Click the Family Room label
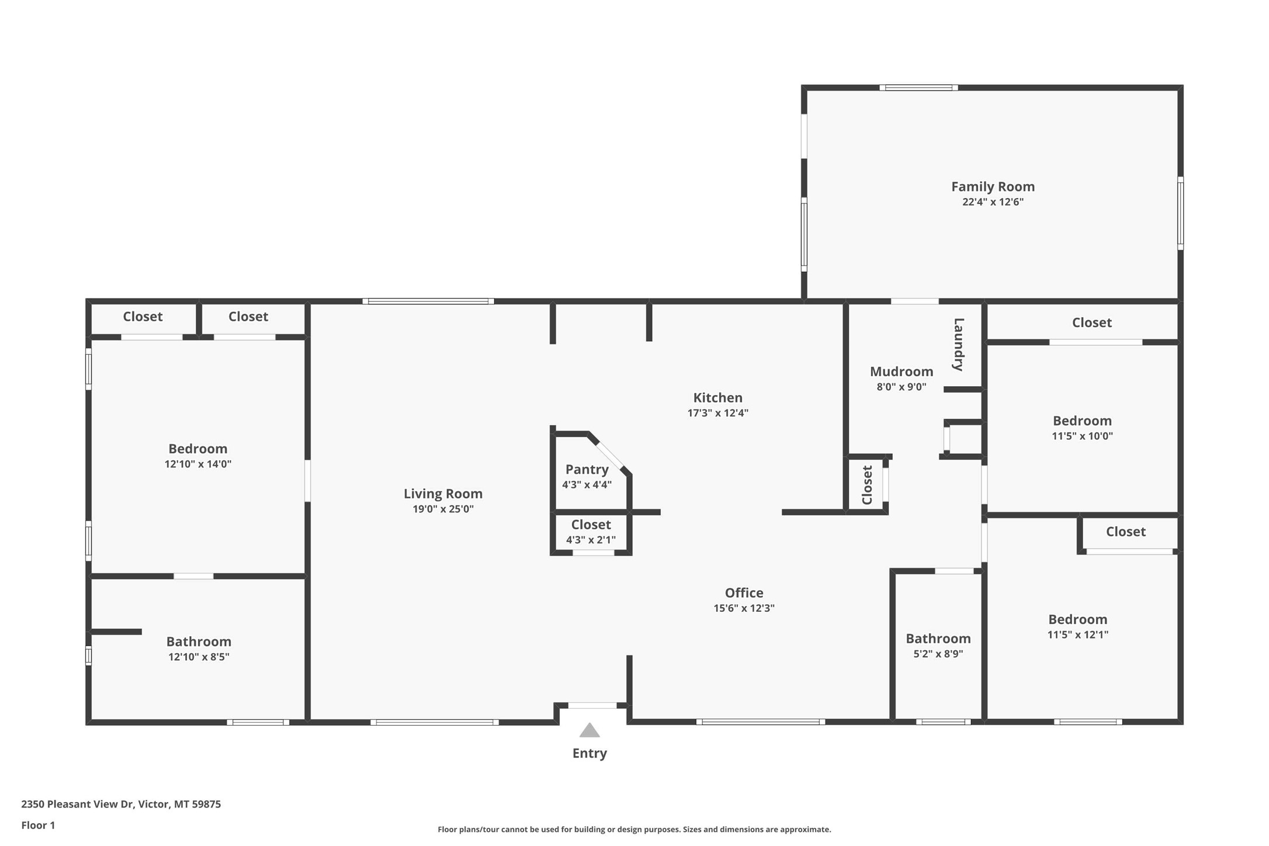992,186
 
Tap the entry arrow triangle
589,730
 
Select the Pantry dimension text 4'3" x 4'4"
587,484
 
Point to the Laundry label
958,344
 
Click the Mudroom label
901,372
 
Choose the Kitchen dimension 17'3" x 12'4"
717,413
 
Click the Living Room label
443,494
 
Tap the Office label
743,592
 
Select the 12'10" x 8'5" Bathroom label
199,642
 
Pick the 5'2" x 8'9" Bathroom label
938,639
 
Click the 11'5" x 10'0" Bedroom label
1081,421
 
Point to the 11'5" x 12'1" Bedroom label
1077,619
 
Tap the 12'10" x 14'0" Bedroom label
197,449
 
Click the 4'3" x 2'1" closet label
591,525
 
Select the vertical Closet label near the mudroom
867,485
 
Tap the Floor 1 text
38,825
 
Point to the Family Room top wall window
918,88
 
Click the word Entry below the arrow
589,753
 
